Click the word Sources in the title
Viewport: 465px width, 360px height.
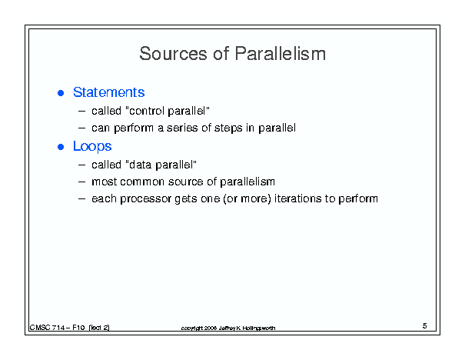[173, 54]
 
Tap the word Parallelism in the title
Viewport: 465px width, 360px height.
[281, 54]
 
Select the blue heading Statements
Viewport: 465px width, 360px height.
[109, 92]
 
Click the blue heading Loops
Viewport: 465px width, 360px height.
[92, 147]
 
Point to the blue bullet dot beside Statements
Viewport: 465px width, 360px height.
[61, 93]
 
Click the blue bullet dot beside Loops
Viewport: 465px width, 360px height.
[61, 147]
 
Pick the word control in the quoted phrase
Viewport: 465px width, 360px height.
[146, 111]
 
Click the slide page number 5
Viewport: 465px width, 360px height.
[425, 326]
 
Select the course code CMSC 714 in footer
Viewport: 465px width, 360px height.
[47, 328]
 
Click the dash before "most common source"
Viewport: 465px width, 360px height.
[81, 182]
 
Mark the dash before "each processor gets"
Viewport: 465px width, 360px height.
[81, 198]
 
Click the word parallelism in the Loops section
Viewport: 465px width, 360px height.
[247, 182]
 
